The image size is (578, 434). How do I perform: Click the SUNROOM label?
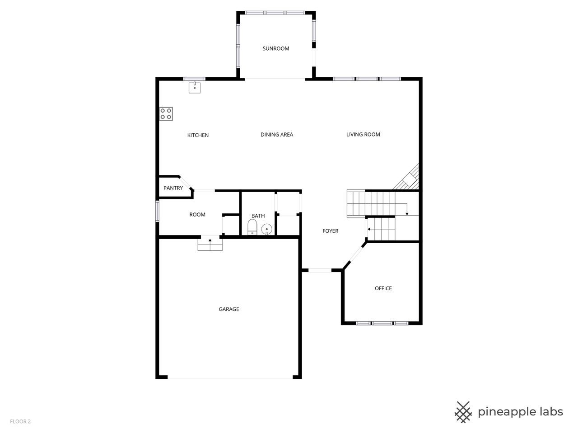pyautogui.click(x=276, y=48)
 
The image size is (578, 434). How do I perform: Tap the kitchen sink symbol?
pyautogui.click(x=194, y=88)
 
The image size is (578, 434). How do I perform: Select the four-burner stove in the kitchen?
pyautogui.click(x=166, y=113)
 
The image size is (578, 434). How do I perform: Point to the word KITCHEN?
pyautogui.click(x=198, y=135)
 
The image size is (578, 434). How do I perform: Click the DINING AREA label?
pyautogui.click(x=277, y=135)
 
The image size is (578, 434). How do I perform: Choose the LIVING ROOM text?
pyautogui.click(x=363, y=134)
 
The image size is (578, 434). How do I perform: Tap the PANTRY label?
pyautogui.click(x=173, y=188)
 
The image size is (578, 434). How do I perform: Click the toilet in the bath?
pyautogui.click(x=252, y=227)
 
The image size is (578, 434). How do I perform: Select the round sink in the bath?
pyautogui.click(x=266, y=229)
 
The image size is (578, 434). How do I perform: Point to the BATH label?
pyautogui.click(x=258, y=216)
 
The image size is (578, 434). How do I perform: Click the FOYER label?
pyautogui.click(x=330, y=231)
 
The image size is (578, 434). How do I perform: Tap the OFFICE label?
pyautogui.click(x=383, y=288)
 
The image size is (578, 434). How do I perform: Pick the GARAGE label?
pyautogui.click(x=229, y=309)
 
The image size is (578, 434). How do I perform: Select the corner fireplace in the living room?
pyautogui.click(x=407, y=177)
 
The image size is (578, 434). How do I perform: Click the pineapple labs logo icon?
pyautogui.click(x=463, y=412)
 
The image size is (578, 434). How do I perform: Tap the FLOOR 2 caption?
pyautogui.click(x=20, y=421)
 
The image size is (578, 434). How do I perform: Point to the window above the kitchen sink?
pyautogui.click(x=194, y=79)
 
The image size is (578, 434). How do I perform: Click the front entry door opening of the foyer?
pyautogui.click(x=320, y=270)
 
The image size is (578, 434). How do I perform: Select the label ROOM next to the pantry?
pyautogui.click(x=197, y=215)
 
